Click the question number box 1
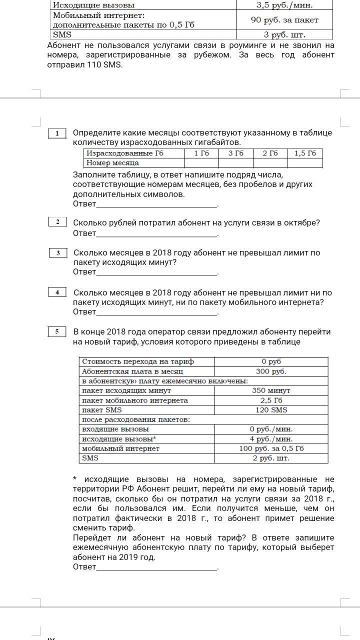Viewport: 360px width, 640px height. coord(57,133)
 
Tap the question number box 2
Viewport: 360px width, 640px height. coord(57,222)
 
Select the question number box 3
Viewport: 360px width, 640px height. coord(58,252)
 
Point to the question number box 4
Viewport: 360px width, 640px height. coord(57,292)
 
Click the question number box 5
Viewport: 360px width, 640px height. coord(57,331)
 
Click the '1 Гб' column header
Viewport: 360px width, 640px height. coord(201,153)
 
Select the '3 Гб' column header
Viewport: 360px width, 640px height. coord(236,153)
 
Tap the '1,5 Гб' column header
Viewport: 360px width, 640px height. coord(305,153)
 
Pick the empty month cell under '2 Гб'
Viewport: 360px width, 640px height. coord(270,163)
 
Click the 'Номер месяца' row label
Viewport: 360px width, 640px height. coord(112,163)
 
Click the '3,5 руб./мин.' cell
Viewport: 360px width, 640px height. coord(284,5)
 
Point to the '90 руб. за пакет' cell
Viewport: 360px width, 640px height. coord(284,20)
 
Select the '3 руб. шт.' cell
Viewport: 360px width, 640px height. coord(284,35)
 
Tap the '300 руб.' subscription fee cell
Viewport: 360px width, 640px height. coord(271,371)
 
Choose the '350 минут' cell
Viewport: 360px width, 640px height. coord(271,390)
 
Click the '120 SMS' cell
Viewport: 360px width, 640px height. coord(271,410)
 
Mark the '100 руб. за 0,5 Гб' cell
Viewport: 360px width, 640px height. coord(271,448)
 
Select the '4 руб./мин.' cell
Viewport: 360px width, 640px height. coord(271,439)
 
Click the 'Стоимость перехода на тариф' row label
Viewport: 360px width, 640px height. coord(138,361)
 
